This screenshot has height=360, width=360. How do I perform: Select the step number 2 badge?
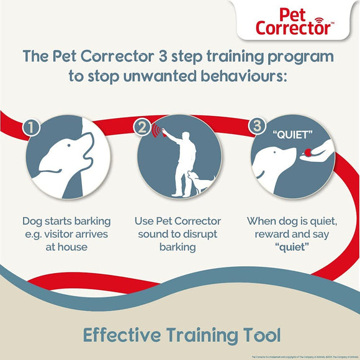[143, 129]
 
